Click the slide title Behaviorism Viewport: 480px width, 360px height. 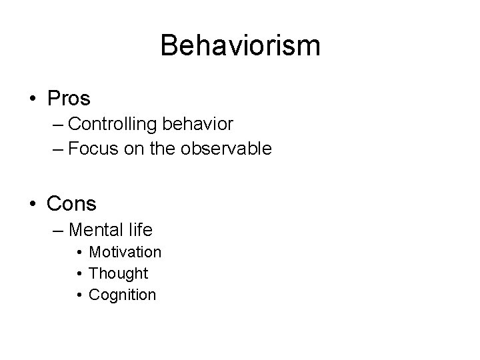click(240, 46)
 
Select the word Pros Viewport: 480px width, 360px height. click(69, 99)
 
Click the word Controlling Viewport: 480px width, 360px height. click(109, 124)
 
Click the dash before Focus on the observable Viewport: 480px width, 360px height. click(57, 149)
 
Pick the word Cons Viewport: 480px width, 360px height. click(72, 203)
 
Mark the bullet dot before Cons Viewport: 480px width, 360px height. click(33, 203)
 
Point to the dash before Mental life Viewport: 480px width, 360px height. click(57, 231)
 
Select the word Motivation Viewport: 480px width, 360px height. click(125, 252)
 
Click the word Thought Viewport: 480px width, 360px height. click(119, 273)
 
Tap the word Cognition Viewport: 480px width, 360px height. click(123, 295)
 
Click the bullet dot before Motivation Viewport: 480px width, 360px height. click(79, 253)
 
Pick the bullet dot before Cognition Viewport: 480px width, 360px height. click(79, 295)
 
